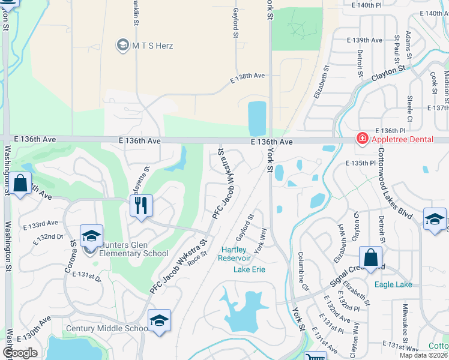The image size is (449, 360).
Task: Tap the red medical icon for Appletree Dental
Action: pos(362,139)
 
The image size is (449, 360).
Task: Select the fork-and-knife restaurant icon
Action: pos(141,205)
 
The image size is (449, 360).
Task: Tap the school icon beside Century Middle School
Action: pos(158,320)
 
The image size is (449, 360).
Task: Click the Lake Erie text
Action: pos(249,269)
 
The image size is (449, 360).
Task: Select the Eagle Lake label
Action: pos(393,284)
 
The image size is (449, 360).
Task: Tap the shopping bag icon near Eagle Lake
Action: pos(371,258)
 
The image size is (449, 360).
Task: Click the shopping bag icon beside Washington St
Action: pos(20,184)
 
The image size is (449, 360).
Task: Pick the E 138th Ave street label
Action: pos(248,77)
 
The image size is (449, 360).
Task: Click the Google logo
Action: pos(20,352)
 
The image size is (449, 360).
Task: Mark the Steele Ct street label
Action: pos(409,106)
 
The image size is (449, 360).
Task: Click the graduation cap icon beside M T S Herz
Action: pos(123,45)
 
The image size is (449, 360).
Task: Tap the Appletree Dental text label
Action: pos(403,139)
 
